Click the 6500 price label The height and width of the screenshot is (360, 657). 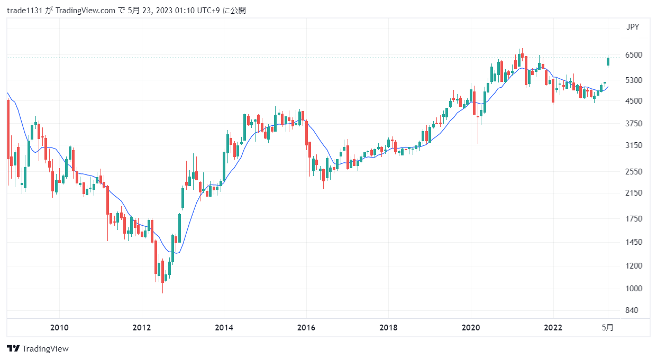click(634, 54)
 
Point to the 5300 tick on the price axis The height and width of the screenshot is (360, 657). click(634, 80)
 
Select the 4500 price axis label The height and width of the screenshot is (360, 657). click(634, 101)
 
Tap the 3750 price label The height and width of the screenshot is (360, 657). click(634, 124)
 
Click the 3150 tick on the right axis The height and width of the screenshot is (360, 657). click(634, 145)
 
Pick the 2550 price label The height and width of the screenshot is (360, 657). click(634, 171)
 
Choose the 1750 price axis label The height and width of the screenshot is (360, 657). click(634, 219)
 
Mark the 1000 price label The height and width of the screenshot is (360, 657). click(634, 289)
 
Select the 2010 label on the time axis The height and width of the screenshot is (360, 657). click(59, 328)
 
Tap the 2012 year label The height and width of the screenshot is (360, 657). click(142, 328)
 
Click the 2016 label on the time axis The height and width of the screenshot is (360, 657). click(306, 328)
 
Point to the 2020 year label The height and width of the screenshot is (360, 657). click(471, 328)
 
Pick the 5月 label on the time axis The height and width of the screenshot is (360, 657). click(608, 328)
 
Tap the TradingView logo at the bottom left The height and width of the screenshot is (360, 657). click(38, 349)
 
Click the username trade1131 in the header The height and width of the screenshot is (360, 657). click(24, 11)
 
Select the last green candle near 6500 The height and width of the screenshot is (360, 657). click(608, 61)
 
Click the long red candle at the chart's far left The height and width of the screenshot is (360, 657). click(8, 129)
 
